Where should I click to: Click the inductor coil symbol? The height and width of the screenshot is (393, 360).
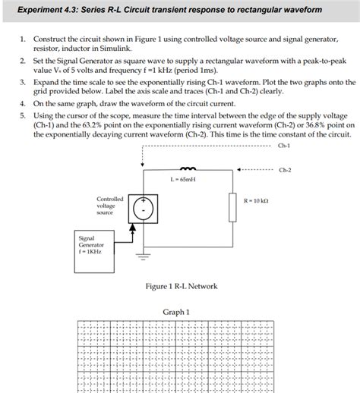point(185,169)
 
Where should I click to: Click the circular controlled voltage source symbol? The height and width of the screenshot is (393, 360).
point(144,207)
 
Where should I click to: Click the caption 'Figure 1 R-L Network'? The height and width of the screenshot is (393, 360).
point(181,286)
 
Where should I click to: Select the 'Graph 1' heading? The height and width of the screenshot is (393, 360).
point(176,312)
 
